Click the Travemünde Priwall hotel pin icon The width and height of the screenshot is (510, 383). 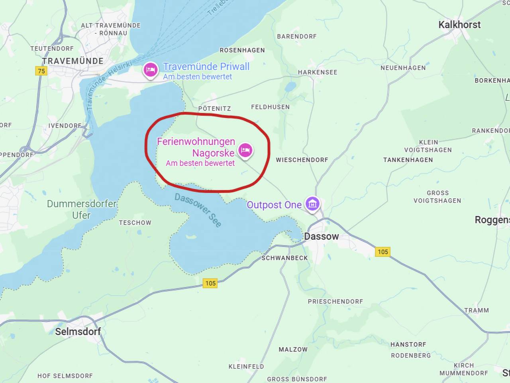150,70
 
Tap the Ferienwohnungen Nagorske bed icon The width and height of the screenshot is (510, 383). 245,150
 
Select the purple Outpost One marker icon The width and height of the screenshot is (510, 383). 312,204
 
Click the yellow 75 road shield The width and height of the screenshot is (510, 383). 41,71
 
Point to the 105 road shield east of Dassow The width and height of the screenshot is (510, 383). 382,252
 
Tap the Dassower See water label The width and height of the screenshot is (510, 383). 198,210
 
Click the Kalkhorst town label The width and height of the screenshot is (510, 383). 459,25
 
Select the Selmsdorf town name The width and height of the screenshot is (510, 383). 78,331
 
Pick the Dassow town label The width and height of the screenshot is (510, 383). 321,236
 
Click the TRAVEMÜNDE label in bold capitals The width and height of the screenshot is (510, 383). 73,61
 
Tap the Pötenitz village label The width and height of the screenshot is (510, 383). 214,109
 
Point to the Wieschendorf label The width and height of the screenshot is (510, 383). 302,160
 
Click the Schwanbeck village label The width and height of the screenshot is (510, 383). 284,258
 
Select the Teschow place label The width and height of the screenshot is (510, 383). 135,223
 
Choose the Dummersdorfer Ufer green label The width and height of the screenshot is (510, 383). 82,209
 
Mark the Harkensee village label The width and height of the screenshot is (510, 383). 318,72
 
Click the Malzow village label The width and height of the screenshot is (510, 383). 293,349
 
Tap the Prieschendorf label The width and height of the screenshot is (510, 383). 335,302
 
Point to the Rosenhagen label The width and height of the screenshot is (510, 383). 242,50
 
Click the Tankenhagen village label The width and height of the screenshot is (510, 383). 408,160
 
